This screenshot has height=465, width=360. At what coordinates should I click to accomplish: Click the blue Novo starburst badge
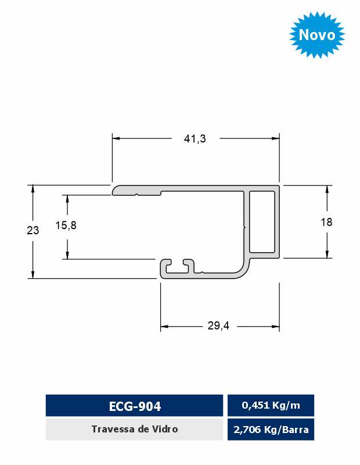point(317,34)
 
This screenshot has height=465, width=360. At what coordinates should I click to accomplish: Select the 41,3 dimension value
point(195,138)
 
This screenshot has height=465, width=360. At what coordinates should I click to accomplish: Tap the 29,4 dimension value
point(218,326)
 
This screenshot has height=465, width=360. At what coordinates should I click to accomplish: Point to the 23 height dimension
point(33,230)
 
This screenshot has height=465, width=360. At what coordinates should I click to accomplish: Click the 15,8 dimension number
point(66,226)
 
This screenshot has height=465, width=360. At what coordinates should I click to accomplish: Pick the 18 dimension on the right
point(326,222)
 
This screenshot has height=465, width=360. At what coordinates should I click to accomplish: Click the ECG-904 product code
point(135,406)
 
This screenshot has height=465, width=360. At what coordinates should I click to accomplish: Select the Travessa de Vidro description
point(135,429)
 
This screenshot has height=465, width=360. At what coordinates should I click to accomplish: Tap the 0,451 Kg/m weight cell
point(271,405)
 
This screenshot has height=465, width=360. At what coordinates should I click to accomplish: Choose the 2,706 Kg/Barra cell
point(271,430)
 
